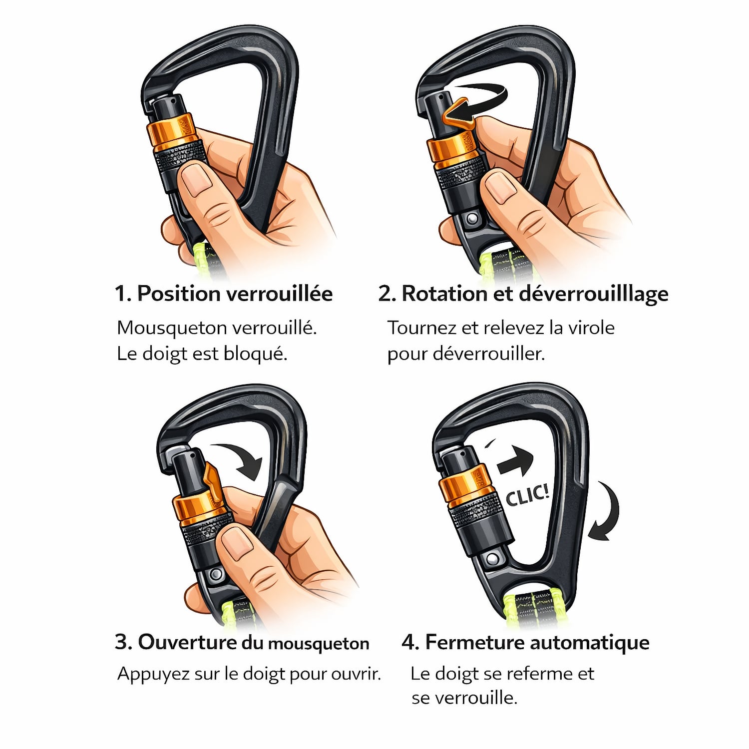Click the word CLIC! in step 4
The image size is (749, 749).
click(x=527, y=495)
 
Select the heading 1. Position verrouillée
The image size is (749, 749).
click(x=224, y=293)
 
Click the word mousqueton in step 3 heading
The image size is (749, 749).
click(x=319, y=644)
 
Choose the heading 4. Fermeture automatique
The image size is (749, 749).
click(x=525, y=642)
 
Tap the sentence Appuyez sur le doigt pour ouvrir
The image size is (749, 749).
click(x=249, y=674)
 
